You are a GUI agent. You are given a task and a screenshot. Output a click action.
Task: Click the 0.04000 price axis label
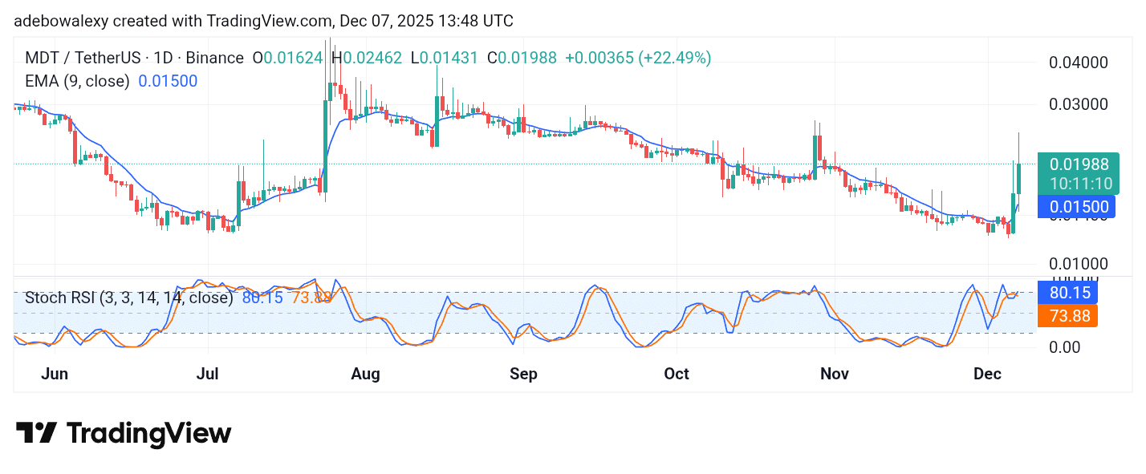[x=1079, y=63]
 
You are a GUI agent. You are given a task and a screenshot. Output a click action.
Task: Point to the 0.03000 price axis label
[x=1079, y=104]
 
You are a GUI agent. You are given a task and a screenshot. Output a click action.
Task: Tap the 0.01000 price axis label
[x=1079, y=264]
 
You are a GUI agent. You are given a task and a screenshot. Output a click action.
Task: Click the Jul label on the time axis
[x=208, y=374]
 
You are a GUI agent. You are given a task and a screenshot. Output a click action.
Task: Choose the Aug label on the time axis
[x=366, y=374]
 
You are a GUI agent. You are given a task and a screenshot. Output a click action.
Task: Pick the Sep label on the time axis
[x=523, y=374]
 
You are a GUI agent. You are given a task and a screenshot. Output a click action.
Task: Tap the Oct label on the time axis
[x=677, y=374]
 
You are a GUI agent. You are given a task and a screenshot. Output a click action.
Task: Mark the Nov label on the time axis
[x=835, y=374]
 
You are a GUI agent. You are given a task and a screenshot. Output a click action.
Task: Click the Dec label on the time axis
[x=989, y=374]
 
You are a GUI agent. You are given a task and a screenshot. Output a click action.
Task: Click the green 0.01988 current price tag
[x=1081, y=164]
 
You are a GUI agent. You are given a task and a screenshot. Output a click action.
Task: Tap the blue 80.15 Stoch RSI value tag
[x=1067, y=292]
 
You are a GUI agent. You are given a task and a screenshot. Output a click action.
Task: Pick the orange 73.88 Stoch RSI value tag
[x=1067, y=316]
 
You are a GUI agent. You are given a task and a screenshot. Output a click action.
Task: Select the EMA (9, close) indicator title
[x=77, y=81]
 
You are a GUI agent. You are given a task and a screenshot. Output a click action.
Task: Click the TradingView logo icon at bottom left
[x=36, y=433]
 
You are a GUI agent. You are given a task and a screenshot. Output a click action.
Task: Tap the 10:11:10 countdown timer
[x=1081, y=184]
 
